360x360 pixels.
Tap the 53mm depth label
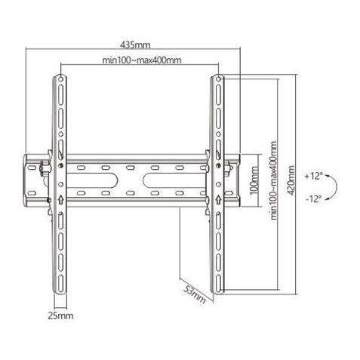[198, 293]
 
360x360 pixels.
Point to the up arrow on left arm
[60, 200]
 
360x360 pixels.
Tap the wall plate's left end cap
[32, 179]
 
